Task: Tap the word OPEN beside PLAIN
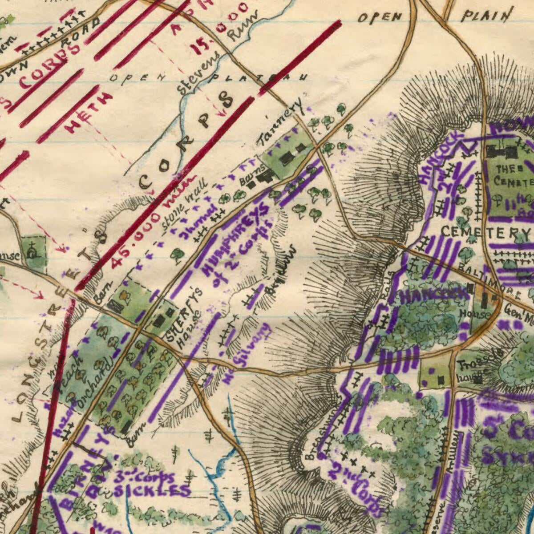380,17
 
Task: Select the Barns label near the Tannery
252,174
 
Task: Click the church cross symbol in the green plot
32,251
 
